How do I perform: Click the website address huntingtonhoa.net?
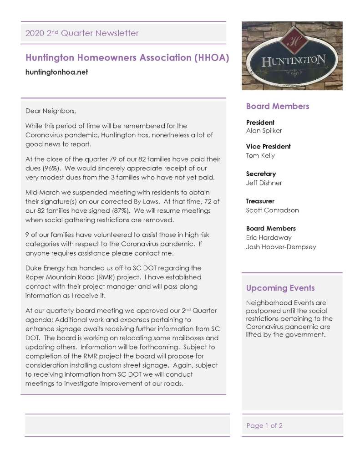tap(56, 72)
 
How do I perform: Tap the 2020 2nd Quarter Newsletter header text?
tap(82, 33)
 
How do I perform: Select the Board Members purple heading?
tap(277, 106)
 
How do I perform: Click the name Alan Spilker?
tap(264, 131)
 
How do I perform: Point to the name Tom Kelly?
tap(260, 155)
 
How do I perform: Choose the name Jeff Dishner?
tap(264, 183)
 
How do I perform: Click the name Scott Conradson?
tap(270, 210)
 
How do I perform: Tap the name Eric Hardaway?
tap(269, 237)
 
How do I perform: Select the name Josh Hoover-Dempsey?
tap(281, 247)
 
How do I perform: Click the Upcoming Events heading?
tap(280, 288)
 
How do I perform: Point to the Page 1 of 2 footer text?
tap(264, 425)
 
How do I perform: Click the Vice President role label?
tap(268, 146)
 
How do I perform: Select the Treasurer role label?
tap(260, 201)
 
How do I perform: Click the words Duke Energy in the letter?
tap(46, 268)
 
